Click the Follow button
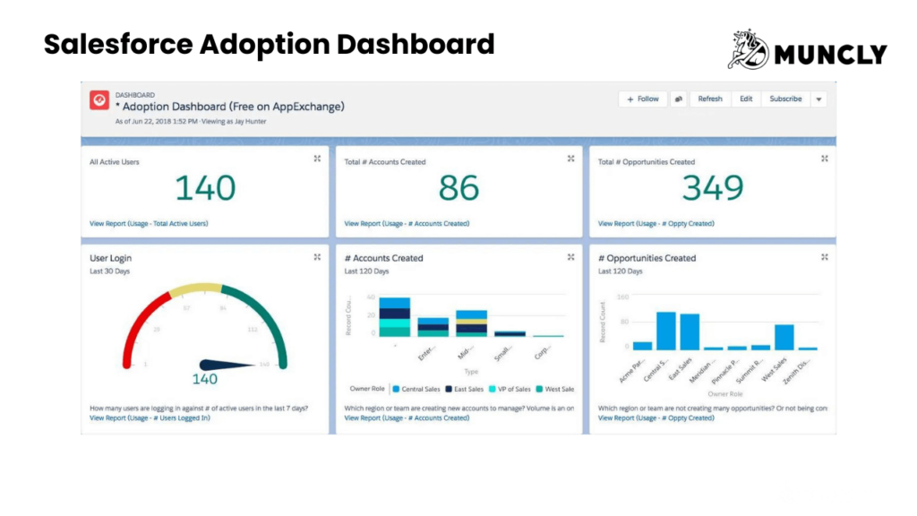point(643,99)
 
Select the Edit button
point(746,99)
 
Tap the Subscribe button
point(785,99)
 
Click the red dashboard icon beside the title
point(99,100)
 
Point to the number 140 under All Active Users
point(205,188)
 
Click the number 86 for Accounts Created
point(459,188)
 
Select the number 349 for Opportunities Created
point(713,188)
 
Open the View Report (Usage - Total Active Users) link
point(149,223)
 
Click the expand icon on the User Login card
point(317,257)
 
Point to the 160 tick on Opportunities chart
point(623,297)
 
